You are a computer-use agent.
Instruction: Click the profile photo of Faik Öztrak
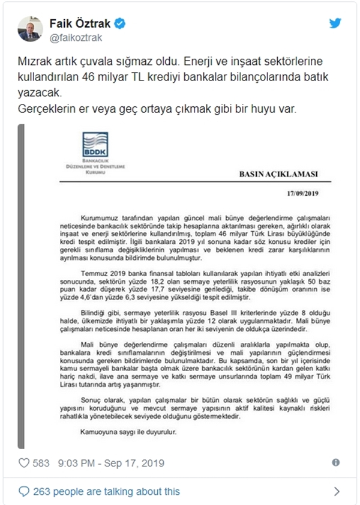click(x=29, y=29)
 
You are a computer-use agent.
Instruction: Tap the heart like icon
click(x=25, y=463)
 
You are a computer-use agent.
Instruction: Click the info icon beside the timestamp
click(x=335, y=463)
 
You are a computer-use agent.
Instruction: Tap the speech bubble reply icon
click(x=25, y=491)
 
